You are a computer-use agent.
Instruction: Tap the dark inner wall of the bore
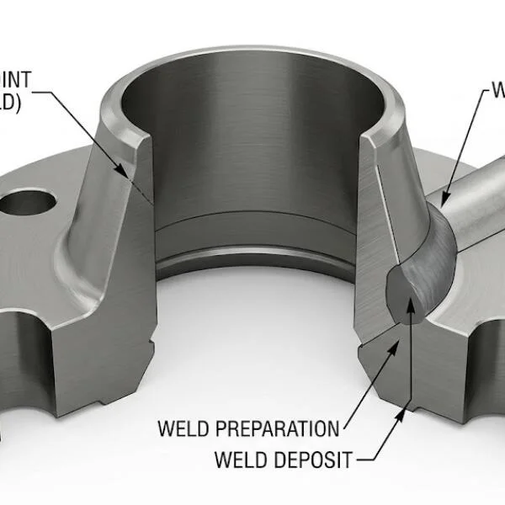click(x=252, y=151)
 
